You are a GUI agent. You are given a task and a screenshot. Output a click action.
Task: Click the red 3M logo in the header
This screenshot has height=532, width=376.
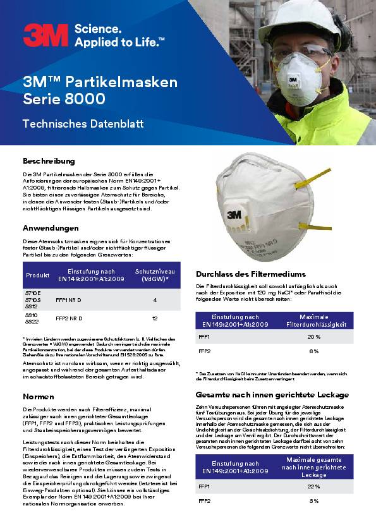click(x=46, y=35)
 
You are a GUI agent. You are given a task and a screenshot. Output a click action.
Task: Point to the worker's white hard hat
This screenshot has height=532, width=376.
click(x=300, y=20)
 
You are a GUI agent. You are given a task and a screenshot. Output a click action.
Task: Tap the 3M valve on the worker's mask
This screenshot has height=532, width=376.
click(x=294, y=80)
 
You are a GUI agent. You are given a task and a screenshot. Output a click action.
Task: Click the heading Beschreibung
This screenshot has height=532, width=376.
click(x=49, y=161)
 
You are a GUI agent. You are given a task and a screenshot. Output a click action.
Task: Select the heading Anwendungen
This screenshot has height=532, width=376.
click(x=51, y=227)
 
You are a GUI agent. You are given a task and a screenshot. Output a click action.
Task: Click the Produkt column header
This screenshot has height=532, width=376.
click(x=38, y=275)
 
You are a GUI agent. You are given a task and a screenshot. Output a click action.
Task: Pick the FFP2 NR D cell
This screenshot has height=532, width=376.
click(x=70, y=318)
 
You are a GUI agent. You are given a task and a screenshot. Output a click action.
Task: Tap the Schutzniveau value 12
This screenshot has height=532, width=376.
click(x=155, y=318)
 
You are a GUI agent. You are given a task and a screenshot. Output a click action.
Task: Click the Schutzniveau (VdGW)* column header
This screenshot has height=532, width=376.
click(x=152, y=275)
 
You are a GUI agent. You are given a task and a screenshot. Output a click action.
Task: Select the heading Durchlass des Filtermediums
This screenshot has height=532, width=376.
click(x=242, y=274)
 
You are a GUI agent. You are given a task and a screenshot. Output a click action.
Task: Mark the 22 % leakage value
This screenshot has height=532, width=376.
click(x=314, y=487)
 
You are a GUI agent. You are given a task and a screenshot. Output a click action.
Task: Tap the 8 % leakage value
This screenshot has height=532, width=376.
click(x=314, y=500)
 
